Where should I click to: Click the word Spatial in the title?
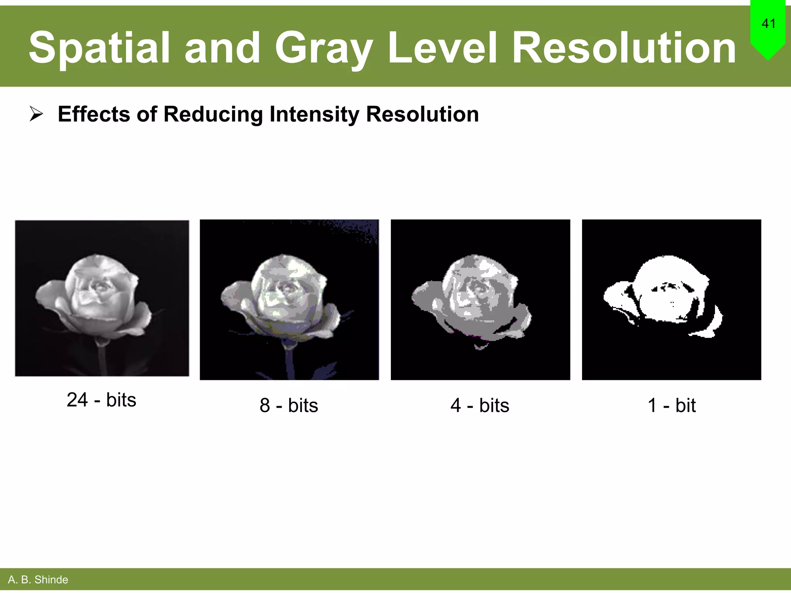click(99, 48)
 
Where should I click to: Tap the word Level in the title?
click(442, 48)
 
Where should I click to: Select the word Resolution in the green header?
click(624, 48)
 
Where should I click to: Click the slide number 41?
click(768, 24)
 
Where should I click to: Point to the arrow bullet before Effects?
click(36, 114)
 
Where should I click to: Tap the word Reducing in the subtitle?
click(213, 114)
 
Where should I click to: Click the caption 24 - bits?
click(101, 400)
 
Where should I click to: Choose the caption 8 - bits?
click(289, 405)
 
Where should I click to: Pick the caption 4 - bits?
click(480, 405)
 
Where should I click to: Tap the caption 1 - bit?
click(671, 405)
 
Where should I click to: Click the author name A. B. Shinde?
click(38, 579)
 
